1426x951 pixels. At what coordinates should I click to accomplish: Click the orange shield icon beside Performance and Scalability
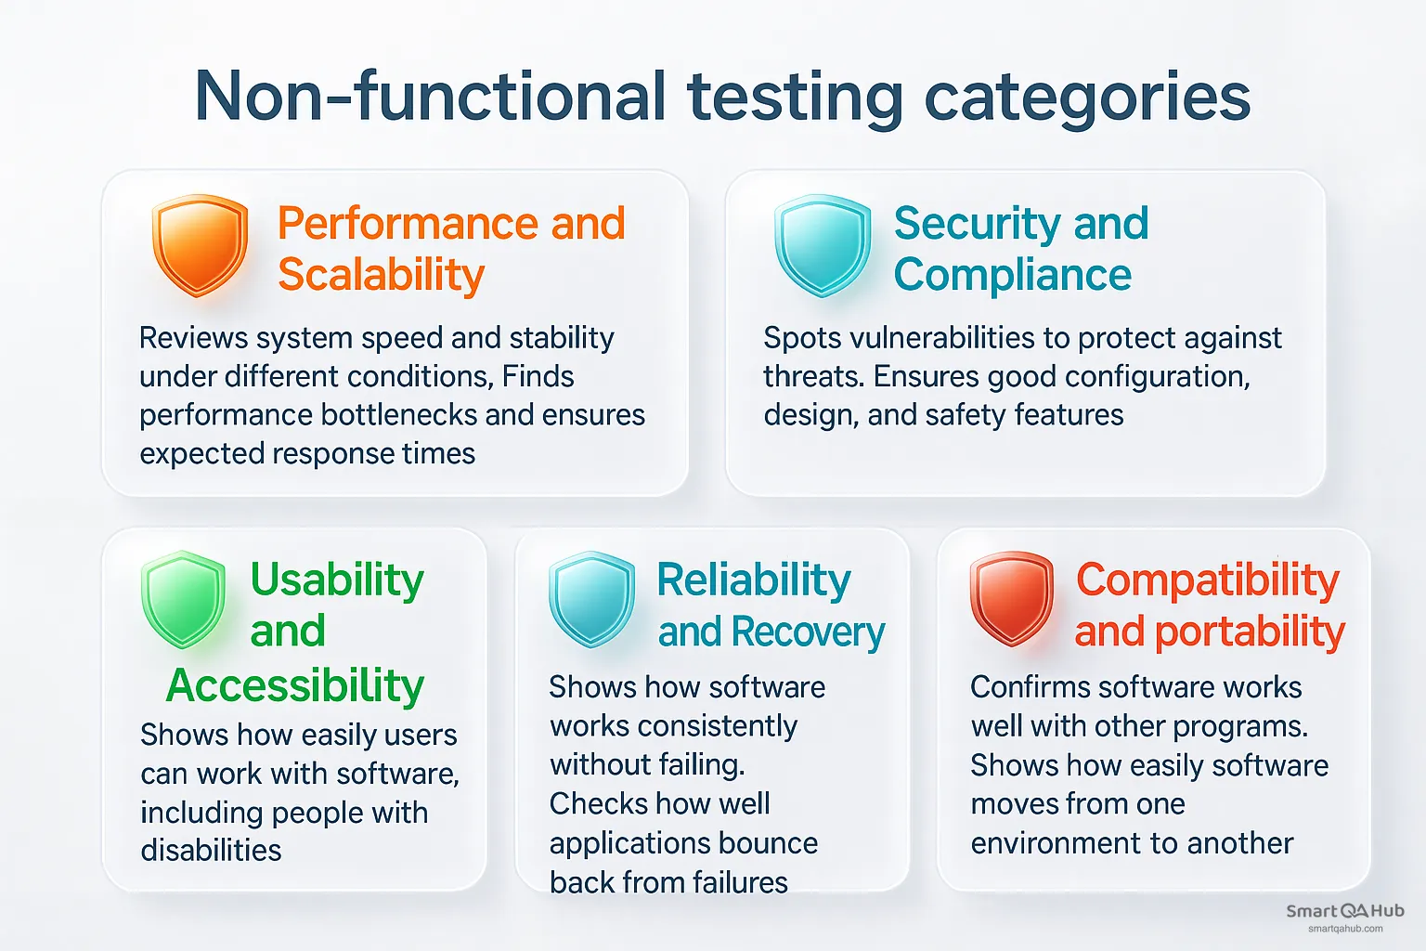tap(200, 245)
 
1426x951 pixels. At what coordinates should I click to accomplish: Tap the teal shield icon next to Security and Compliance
tap(823, 245)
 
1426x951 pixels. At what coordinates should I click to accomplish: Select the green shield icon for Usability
tap(183, 599)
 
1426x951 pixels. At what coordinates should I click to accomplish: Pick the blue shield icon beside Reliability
tap(592, 599)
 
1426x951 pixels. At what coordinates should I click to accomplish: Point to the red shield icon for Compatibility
tap(1011, 599)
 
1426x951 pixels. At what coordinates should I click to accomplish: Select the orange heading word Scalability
tap(381, 275)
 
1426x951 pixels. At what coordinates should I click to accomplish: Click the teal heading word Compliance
tap(1012, 275)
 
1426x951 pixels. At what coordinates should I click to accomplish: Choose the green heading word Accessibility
tap(295, 686)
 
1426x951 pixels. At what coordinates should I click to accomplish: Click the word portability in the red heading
tap(1250, 632)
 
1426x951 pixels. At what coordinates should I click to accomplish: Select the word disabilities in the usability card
tap(211, 850)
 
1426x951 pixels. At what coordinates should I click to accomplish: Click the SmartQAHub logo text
tap(1344, 911)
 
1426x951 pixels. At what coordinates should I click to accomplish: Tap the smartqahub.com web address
tap(1344, 929)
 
